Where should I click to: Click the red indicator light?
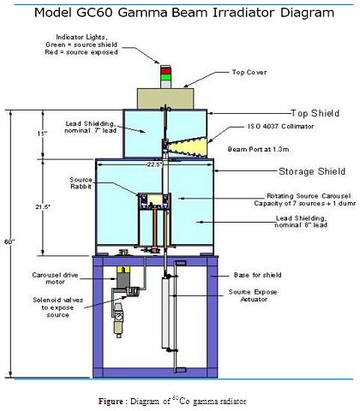[165, 69]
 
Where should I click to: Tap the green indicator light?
[165, 77]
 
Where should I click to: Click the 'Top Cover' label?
[249, 72]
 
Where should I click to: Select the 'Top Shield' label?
[315, 113]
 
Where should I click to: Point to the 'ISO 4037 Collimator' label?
[281, 126]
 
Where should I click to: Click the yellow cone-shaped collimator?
[187, 147]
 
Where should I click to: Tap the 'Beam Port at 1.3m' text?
[258, 149]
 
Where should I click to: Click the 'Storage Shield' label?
[312, 171]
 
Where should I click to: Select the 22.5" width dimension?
[154, 164]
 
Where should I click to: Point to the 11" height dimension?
[41, 134]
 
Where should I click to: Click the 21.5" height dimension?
[43, 207]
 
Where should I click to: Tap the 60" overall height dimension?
[9, 241]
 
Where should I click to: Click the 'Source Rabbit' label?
[81, 183]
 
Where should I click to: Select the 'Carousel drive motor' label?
[55, 278]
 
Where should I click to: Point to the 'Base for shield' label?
[257, 275]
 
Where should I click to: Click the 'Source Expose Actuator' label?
[253, 295]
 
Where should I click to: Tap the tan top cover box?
[165, 98]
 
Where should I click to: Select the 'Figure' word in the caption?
[111, 401]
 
